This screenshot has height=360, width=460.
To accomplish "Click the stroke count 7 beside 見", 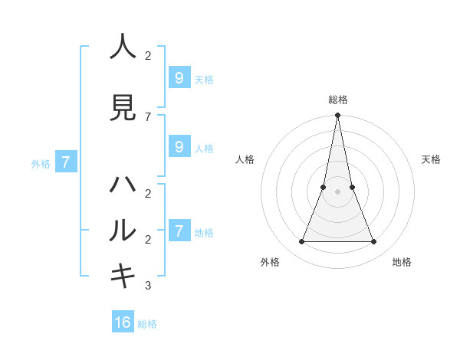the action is [x=148, y=116].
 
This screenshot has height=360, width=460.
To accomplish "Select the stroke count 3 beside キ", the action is [x=148, y=286].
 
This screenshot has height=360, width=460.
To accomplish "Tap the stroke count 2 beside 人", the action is [x=148, y=56].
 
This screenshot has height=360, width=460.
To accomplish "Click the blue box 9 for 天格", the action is [x=179, y=78].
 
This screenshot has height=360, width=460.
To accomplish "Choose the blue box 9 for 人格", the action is [x=179, y=147].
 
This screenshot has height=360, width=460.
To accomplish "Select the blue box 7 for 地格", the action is [x=179, y=231].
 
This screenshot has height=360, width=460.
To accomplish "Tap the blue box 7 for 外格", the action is [x=66, y=162].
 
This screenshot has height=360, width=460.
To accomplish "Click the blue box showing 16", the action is [x=123, y=322].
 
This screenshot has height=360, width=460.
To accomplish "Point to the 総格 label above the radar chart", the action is [x=337, y=100].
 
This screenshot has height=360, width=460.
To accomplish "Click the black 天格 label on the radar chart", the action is [x=431, y=159].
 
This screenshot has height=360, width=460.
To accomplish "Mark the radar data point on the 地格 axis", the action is [x=373, y=242].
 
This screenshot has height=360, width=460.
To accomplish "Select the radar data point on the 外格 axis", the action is [x=301, y=242].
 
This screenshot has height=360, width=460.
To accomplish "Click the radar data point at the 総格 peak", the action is [x=337, y=115].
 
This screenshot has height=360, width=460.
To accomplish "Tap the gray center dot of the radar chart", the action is [x=337, y=191].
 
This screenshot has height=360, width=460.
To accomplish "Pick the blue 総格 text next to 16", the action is [x=147, y=324].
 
